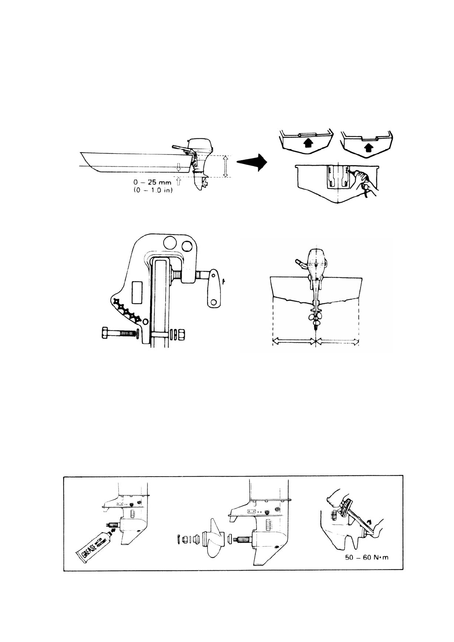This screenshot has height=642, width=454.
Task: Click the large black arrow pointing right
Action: pyautogui.click(x=252, y=162)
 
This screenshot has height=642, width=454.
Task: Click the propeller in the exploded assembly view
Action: pyautogui.click(x=214, y=539)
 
